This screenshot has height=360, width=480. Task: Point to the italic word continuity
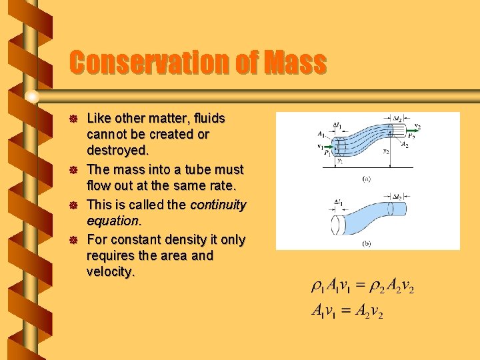click(218, 205)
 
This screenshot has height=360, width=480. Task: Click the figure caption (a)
click(367, 179)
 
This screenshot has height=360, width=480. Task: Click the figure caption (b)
click(367, 244)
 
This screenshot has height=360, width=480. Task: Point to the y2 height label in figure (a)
click(386, 152)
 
